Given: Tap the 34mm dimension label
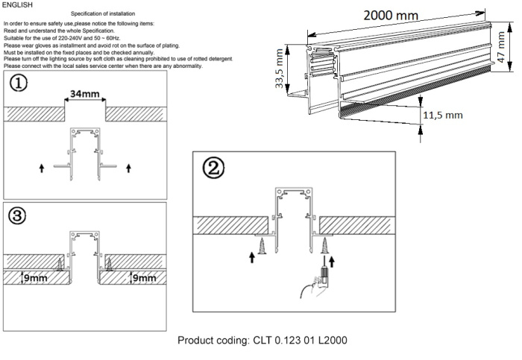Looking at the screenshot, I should (x=84, y=95).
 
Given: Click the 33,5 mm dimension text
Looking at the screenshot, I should (x=280, y=69).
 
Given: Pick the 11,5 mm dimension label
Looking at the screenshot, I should (x=443, y=116).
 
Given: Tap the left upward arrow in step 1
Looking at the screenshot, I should (x=40, y=168).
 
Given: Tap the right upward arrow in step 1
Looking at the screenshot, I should (x=129, y=168).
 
